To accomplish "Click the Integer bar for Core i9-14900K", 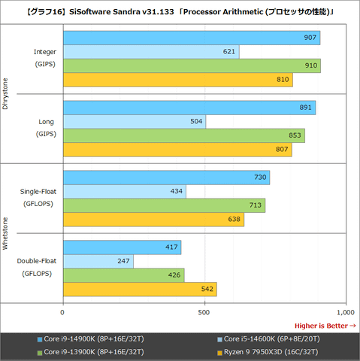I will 192,38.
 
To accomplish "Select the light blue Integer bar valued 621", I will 150,52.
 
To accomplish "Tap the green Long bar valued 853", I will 184,135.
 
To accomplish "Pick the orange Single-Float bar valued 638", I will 153,219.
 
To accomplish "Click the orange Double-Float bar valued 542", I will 140,289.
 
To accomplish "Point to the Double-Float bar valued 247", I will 98,261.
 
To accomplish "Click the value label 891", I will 305,108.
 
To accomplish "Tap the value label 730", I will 259,177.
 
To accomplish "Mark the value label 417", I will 171,247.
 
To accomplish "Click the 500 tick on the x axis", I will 204,311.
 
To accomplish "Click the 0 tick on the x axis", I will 62,311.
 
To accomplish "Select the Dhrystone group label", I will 7,94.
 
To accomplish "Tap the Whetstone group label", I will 7,233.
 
